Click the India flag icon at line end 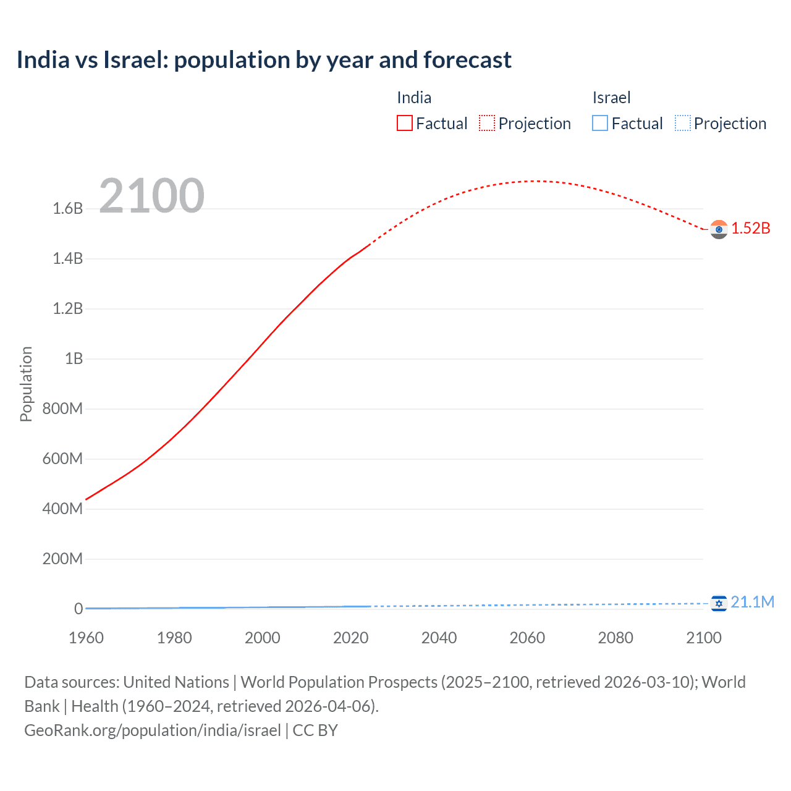(x=719, y=229)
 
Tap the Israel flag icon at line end (x=719, y=603)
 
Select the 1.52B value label (x=751, y=229)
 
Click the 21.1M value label (x=752, y=603)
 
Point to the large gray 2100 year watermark (x=151, y=196)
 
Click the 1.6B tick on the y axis (x=68, y=209)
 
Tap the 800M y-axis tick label (x=62, y=409)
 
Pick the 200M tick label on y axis (x=62, y=559)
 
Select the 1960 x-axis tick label (x=86, y=638)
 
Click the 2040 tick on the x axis (x=439, y=638)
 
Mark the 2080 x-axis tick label (x=615, y=638)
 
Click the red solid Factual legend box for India (x=405, y=124)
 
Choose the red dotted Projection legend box (x=487, y=124)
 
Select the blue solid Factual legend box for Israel (x=600, y=124)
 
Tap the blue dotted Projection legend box (x=682, y=124)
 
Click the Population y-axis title (x=26, y=384)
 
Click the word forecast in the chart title (x=467, y=60)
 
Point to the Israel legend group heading (x=611, y=98)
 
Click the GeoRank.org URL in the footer (x=153, y=730)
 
